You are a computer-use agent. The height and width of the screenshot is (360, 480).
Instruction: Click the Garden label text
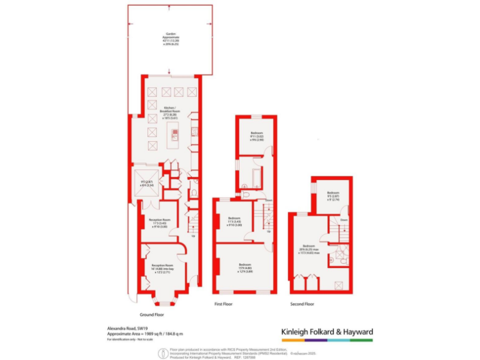point(170,39)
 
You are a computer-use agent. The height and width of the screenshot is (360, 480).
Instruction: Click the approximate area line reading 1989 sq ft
point(144,334)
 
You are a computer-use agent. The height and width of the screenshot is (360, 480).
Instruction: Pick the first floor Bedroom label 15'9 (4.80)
point(244,267)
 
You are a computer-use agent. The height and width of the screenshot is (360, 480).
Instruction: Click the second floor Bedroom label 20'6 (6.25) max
point(311,249)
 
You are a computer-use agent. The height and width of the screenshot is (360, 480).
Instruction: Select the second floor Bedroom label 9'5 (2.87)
point(332,196)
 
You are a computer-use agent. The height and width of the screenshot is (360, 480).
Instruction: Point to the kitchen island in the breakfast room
point(176,134)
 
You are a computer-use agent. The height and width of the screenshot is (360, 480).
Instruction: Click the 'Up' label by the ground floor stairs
point(193,236)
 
